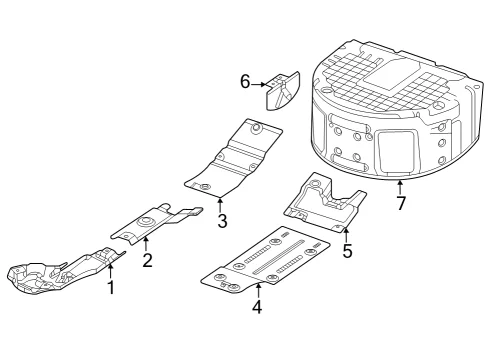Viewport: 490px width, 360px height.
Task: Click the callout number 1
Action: [111, 288]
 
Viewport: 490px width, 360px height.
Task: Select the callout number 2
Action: [147, 260]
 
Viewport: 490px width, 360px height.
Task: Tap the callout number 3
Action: [222, 221]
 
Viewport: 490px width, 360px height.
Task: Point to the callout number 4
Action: [257, 307]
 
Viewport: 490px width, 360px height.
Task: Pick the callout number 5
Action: [347, 251]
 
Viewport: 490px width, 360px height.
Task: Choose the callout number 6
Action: [245, 82]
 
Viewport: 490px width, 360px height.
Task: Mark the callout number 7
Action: [401, 203]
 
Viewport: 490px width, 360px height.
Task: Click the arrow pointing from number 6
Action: [259, 85]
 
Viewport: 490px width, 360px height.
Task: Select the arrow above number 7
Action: [399, 187]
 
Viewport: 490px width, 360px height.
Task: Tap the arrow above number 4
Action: [258, 290]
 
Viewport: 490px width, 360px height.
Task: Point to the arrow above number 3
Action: [220, 205]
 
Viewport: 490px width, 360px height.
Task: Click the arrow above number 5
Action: [346, 234]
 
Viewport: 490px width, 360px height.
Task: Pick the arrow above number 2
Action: [146, 244]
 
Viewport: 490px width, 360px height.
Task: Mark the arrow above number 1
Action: [110, 271]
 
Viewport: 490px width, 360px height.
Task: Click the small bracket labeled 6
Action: [283, 90]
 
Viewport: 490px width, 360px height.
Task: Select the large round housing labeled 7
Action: [397, 110]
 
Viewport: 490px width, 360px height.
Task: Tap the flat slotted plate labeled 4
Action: [266, 261]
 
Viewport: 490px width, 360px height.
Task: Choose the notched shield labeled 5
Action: [324, 203]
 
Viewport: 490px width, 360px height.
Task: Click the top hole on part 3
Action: [256, 127]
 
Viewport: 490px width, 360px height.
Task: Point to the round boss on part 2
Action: [145, 222]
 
